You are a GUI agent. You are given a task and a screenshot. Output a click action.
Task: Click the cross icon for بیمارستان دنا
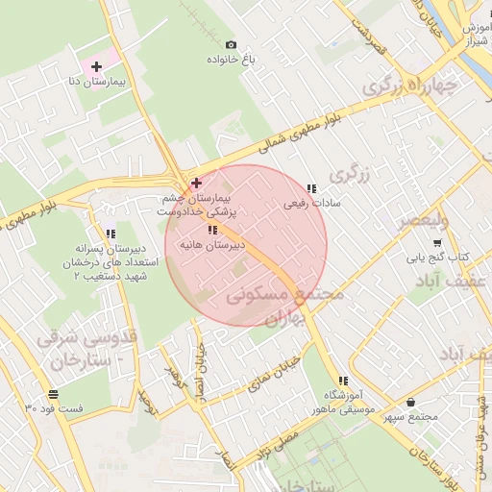tap(95, 67)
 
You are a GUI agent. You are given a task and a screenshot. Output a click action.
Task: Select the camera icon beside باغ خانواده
tap(230, 44)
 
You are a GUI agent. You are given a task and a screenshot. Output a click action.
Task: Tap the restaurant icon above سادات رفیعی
tap(310, 189)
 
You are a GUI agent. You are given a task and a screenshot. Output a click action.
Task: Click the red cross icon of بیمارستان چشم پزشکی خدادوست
tap(196, 182)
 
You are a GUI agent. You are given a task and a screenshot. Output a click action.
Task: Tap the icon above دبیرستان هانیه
tap(211, 231)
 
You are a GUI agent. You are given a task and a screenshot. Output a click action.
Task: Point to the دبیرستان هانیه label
tap(210, 245)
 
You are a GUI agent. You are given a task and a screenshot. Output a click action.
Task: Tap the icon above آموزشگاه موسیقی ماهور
tap(343, 381)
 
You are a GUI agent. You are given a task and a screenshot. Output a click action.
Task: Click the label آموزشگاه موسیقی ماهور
tap(336, 403)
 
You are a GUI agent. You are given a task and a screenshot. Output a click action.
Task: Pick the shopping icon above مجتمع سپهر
tap(411, 402)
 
